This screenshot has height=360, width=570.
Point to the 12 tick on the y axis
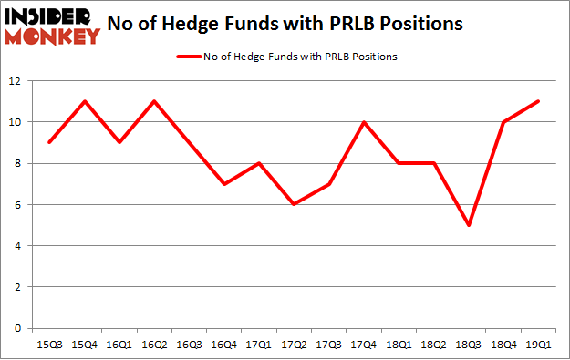pos(17,80)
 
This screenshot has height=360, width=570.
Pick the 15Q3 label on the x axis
pos(49,344)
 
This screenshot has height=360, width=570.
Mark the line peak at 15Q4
pos(84,101)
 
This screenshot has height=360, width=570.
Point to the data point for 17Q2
pos(293,204)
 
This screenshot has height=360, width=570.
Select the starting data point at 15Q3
pos(49,142)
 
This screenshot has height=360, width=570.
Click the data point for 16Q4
pos(223,183)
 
